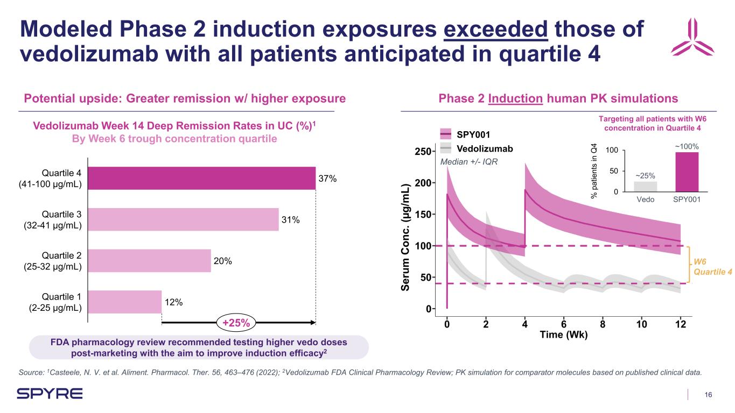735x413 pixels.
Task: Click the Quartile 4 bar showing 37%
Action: pyautogui.click(x=201, y=178)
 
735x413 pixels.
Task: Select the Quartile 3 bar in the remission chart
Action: pyautogui.click(x=183, y=219)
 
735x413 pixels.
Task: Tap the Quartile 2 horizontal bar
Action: pyautogui.click(x=149, y=260)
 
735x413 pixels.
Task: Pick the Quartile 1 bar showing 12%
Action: pyautogui.click(x=124, y=302)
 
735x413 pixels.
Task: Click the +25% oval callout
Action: pyautogui.click(x=235, y=323)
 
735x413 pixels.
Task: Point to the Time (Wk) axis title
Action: pyautogui.click(x=563, y=334)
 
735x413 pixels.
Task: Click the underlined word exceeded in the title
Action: pyautogui.click(x=496, y=30)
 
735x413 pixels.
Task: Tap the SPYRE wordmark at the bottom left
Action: pyautogui.click(x=50, y=394)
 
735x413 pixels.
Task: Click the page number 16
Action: pyautogui.click(x=709, y=395)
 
